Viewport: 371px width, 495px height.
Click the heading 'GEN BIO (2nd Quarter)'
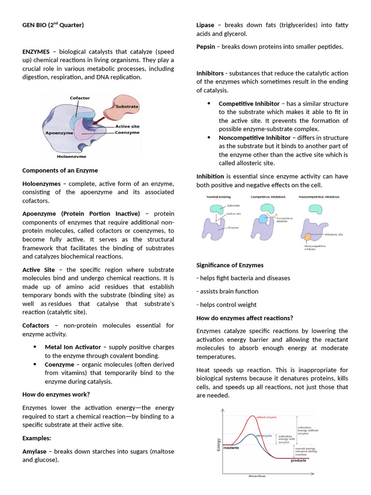click(x=53, y=25)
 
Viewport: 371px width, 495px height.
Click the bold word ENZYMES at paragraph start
click(x=36, y=51)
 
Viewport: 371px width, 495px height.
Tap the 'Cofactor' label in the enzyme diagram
click(x=80, y=98)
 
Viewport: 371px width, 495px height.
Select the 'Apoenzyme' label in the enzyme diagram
click(x=59, y=132)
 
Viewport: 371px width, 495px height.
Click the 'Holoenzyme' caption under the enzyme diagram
click(x=72, y=157)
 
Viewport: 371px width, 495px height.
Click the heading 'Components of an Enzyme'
click(x=60, y=170)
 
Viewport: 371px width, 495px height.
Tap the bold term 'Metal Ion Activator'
click(x=73, y=347)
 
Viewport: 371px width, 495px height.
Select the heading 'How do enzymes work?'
click(x=56, y=394)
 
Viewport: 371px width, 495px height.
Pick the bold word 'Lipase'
click(x=205, y=25)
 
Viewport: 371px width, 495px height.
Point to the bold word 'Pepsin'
click(x=206, y=46)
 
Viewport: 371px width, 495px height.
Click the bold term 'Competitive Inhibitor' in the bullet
click(x=249, y=103)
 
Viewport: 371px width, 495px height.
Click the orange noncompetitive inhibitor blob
click(x=307, y=237)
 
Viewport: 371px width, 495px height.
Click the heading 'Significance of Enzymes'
click(x=229, y=265)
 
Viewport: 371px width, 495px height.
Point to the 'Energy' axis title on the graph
click(x=219, y=444)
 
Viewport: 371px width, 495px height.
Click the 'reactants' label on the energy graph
click(x=231, y=448)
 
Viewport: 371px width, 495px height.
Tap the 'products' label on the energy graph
click(x=298, y=461)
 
